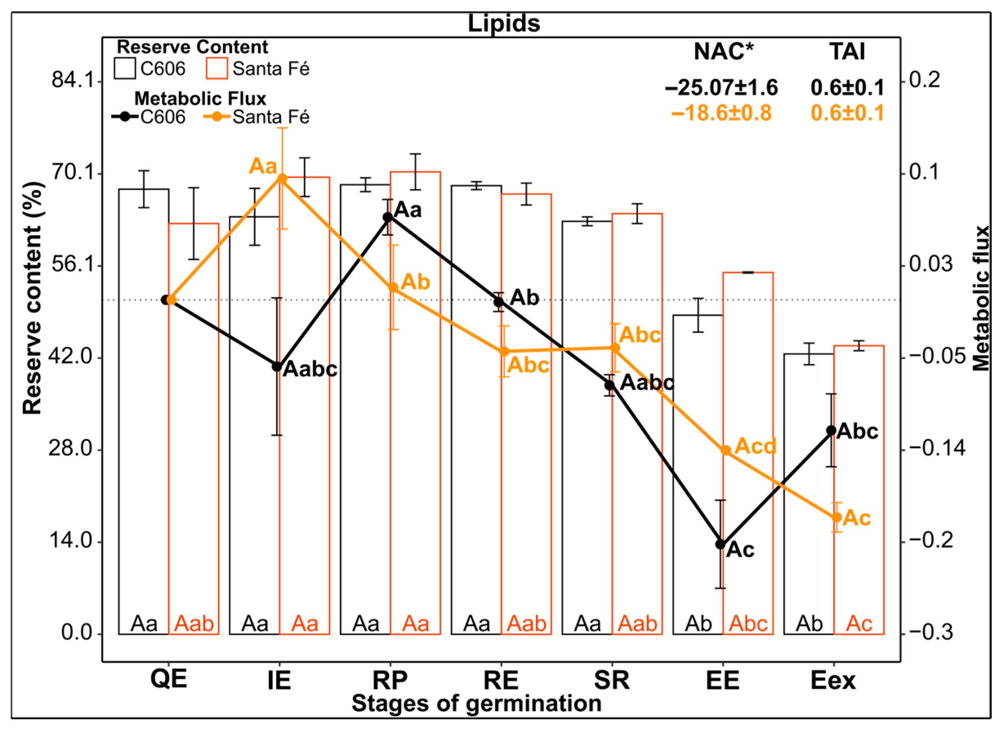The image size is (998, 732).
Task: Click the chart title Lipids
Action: click(x=504, y=23)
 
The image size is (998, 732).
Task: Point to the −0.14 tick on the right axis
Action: click(x=936, y=448)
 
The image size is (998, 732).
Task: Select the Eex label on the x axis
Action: click(x=833, y=680)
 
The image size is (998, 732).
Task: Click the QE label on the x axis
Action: click(x=168, y=678)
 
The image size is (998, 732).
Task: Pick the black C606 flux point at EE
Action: click(x=721, y=544)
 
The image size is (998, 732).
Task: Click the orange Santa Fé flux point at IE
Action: click(x=282, y=178)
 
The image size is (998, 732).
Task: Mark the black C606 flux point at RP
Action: click(x=388, y=217)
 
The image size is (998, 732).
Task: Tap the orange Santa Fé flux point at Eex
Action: click(x=837, y=517)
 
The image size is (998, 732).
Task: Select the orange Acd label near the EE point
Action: click(x=755, y=446)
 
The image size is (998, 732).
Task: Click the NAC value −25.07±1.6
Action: click(x=721, y=87)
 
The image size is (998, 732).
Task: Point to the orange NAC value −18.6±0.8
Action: click(x=721, y=113)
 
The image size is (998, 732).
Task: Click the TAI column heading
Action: click(x=847, y=51)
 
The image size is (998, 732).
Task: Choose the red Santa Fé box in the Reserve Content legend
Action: click(x=217, y=68)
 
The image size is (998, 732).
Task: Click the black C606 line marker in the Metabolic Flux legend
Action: click(x=126, y=116)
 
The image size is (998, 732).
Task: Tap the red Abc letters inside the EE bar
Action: click(x=748, y=624)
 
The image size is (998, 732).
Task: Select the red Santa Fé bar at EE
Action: click(x=748, y=443)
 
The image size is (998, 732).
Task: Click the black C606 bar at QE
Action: click(x=144, y=399)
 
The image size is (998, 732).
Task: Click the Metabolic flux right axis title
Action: click(x=980, y=298)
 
